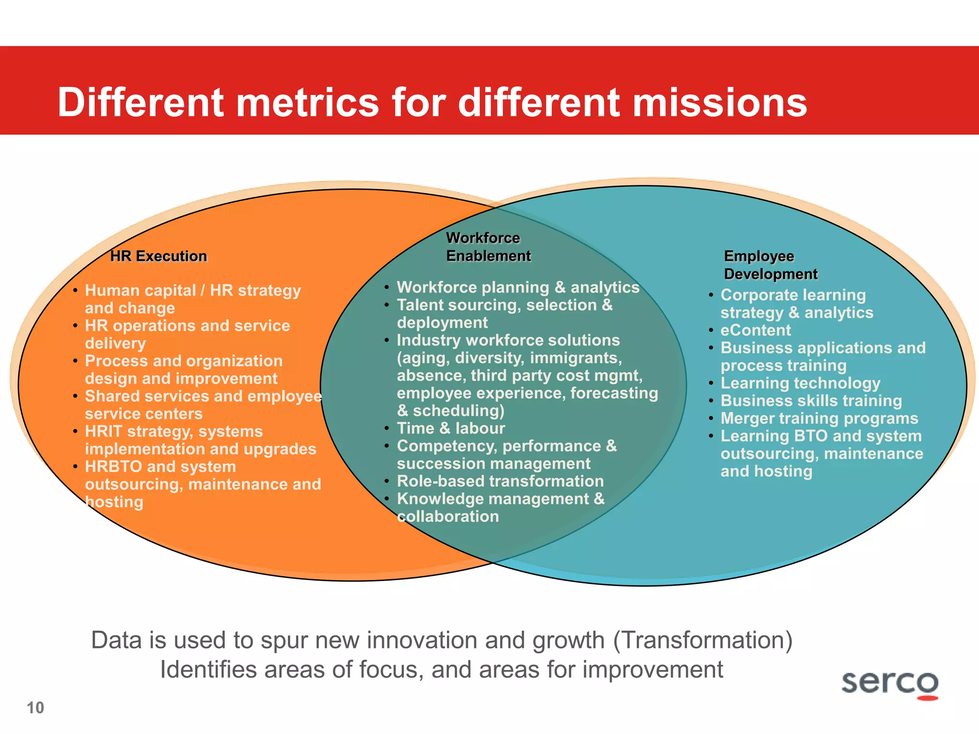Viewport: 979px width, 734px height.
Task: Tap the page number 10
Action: (35, 708)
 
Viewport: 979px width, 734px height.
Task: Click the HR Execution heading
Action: (158, 256)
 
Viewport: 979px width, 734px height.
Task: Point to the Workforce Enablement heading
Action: (488, 247)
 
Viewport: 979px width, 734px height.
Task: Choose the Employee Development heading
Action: (770, 265)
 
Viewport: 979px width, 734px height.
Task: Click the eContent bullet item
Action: (755, 330)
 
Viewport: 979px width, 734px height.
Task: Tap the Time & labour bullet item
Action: (450, 428)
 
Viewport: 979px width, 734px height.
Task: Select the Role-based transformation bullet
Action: (500, 481)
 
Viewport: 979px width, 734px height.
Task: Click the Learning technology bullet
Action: (800, 383)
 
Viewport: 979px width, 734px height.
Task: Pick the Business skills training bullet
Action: (811, 401)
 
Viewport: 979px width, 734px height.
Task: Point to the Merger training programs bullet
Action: (819, 419)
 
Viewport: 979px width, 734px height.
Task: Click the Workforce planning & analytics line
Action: (518, 287)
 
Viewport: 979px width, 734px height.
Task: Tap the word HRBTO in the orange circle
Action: (113, 467)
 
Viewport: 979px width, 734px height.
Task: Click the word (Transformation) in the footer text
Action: (703, 640)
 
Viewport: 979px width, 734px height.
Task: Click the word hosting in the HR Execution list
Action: (114, 502)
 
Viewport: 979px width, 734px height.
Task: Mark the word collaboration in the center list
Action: (448, 517)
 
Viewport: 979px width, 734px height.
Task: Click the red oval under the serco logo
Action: (927, 698)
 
